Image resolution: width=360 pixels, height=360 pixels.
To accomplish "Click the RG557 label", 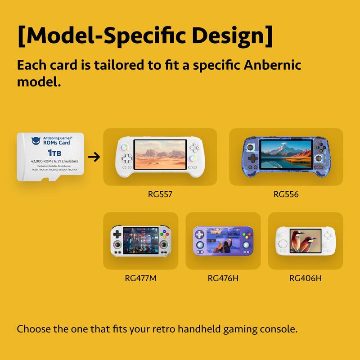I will click(x=160, y=195).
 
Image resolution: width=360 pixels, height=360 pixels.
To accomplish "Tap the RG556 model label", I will click(x=286, y=195).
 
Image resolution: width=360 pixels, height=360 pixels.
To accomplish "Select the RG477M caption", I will click(x=140, y=278).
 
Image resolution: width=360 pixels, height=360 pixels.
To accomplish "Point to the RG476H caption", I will click(x=223, y=278).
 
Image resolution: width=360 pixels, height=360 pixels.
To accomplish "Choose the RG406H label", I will click(x=306, y=278).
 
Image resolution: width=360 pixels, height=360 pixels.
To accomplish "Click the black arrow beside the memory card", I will click(x=94, y=157).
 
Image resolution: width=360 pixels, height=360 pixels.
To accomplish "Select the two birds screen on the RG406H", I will click(x=306, y=241).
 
